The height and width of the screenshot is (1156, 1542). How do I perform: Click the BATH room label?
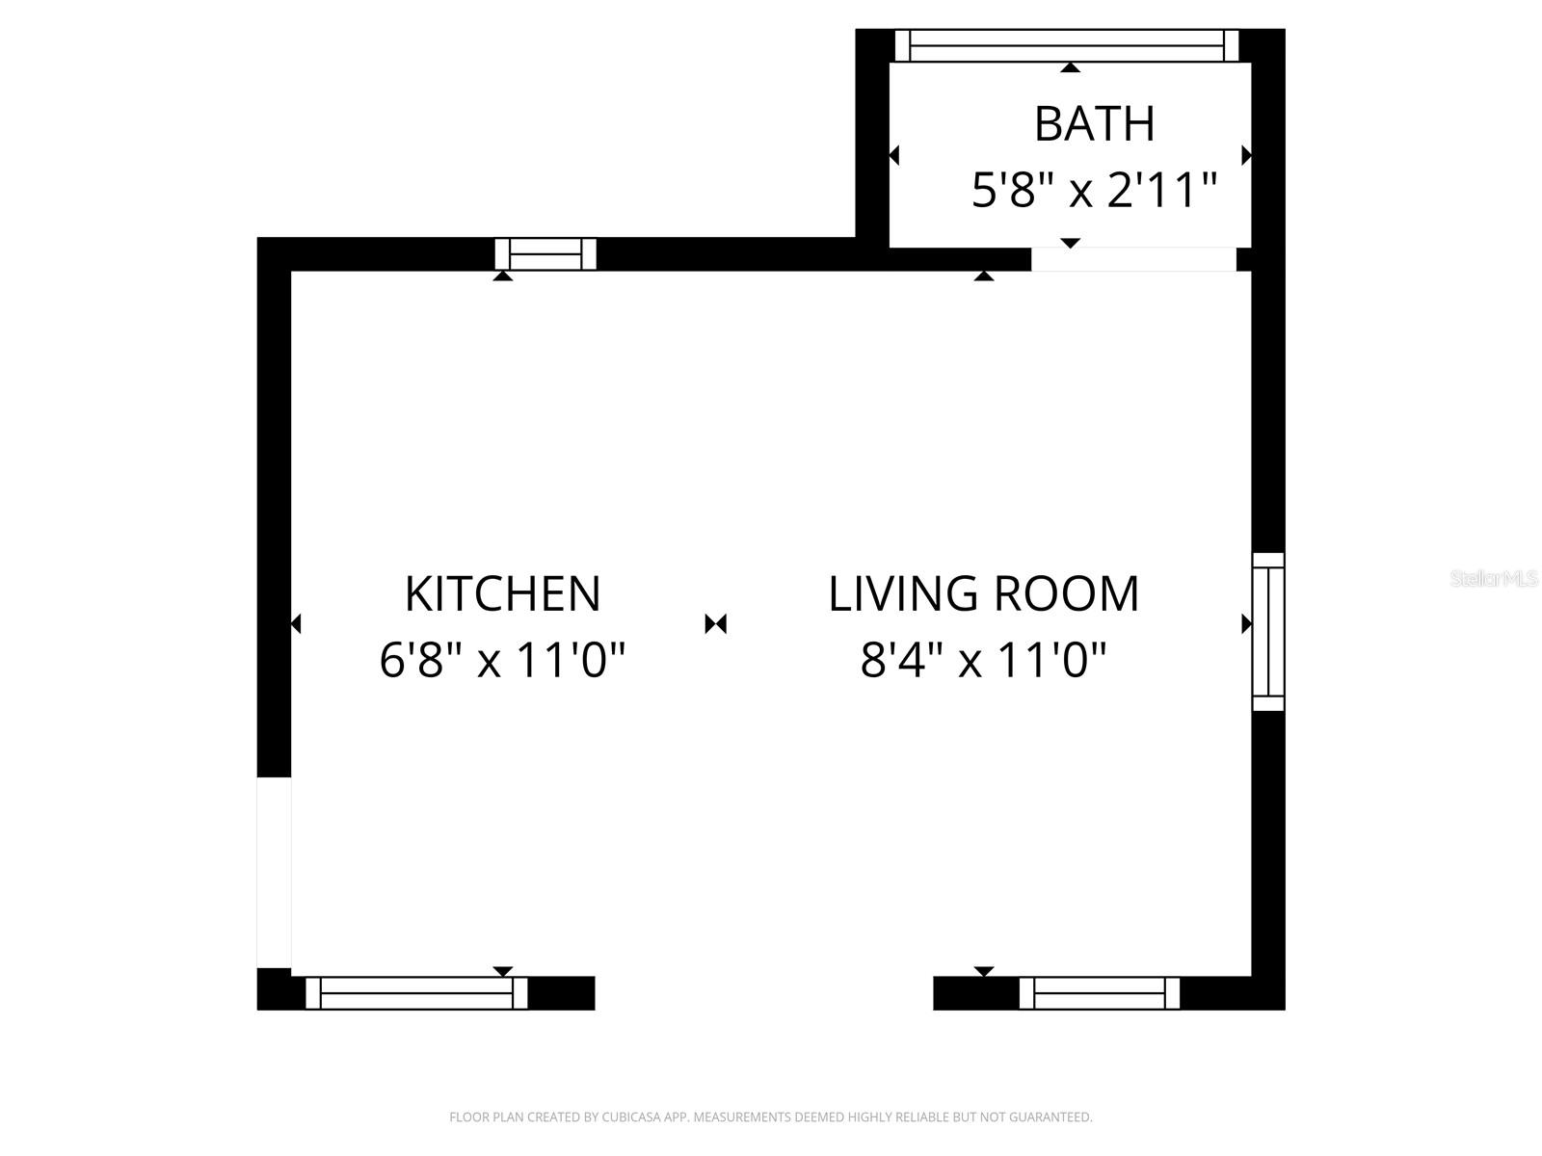click(1094, 123)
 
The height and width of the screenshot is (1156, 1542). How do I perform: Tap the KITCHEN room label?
click(502, 593)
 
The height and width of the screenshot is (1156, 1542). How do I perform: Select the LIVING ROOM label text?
click(983, 593)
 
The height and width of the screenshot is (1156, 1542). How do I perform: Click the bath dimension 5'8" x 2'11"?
click(1094, 190)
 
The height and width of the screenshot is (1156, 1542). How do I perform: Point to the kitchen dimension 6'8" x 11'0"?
click(502, 661)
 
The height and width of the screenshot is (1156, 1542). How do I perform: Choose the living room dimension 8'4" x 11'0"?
click(983, 661)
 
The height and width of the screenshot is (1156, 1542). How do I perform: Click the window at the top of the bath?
click(1067, 45)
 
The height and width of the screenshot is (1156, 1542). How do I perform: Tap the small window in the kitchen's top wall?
click(545, 254)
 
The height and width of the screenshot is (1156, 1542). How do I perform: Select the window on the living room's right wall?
click(1268, 632)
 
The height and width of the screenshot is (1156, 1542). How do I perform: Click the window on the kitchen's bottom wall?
click(416, 993)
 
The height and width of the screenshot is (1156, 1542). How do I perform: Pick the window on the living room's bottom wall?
click(1099, 993)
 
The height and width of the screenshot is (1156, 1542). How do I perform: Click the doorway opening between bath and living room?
click(1133, 259)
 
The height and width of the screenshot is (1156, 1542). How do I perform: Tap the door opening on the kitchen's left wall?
click(274, 872)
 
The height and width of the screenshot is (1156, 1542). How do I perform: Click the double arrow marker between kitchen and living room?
click(715, 624)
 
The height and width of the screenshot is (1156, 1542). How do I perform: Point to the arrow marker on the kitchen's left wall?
click(296, 624)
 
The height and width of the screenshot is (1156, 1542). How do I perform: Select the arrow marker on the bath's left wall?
click(893, 155)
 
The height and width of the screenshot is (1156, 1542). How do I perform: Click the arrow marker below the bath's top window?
click(1070, 67)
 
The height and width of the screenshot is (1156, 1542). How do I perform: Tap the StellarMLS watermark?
click(1494, 579)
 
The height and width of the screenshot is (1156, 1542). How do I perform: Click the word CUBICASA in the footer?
click(632, 1117)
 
